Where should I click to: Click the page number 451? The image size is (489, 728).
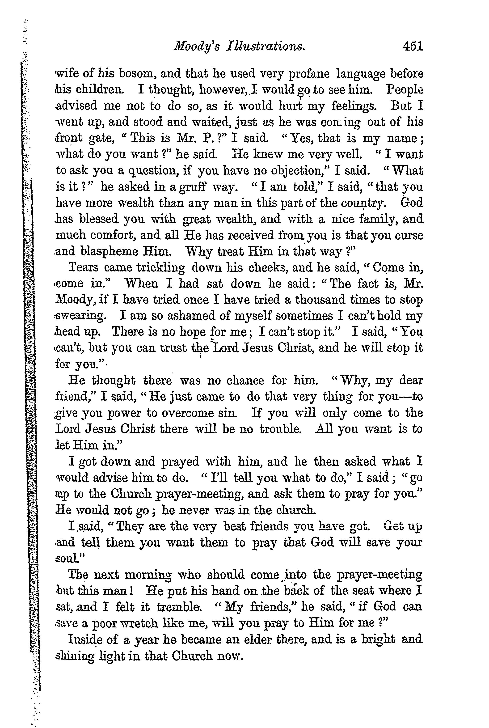tap(412, 46)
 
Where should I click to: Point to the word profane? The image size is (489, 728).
tap(309, 74)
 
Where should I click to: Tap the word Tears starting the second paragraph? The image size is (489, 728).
tap(83, 268)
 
